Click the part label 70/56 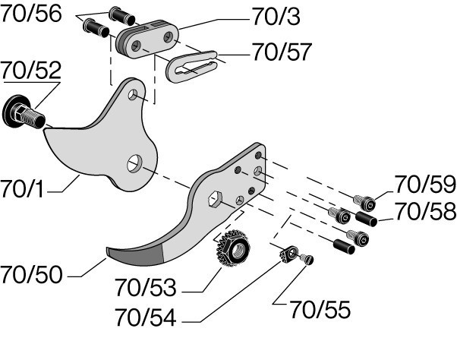pos(31,14)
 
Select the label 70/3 pos(276,17)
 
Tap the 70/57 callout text pos(282,52)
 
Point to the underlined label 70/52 pos(31,70)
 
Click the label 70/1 pos(22,189)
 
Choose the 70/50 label pos(31,274)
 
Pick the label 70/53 pos(146,287)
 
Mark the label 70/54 pos(146,317)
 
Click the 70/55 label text pos(320,310)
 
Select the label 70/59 pos(425,184)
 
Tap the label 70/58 pos(425,211)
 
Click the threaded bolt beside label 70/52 pos(24,113)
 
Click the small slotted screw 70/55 pos(307,259)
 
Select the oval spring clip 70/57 pos(192,67)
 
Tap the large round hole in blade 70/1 pos(134,164)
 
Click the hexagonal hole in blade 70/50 pos(215,199)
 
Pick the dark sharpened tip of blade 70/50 pos(135,256)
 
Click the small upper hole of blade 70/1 pos(133,94)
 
